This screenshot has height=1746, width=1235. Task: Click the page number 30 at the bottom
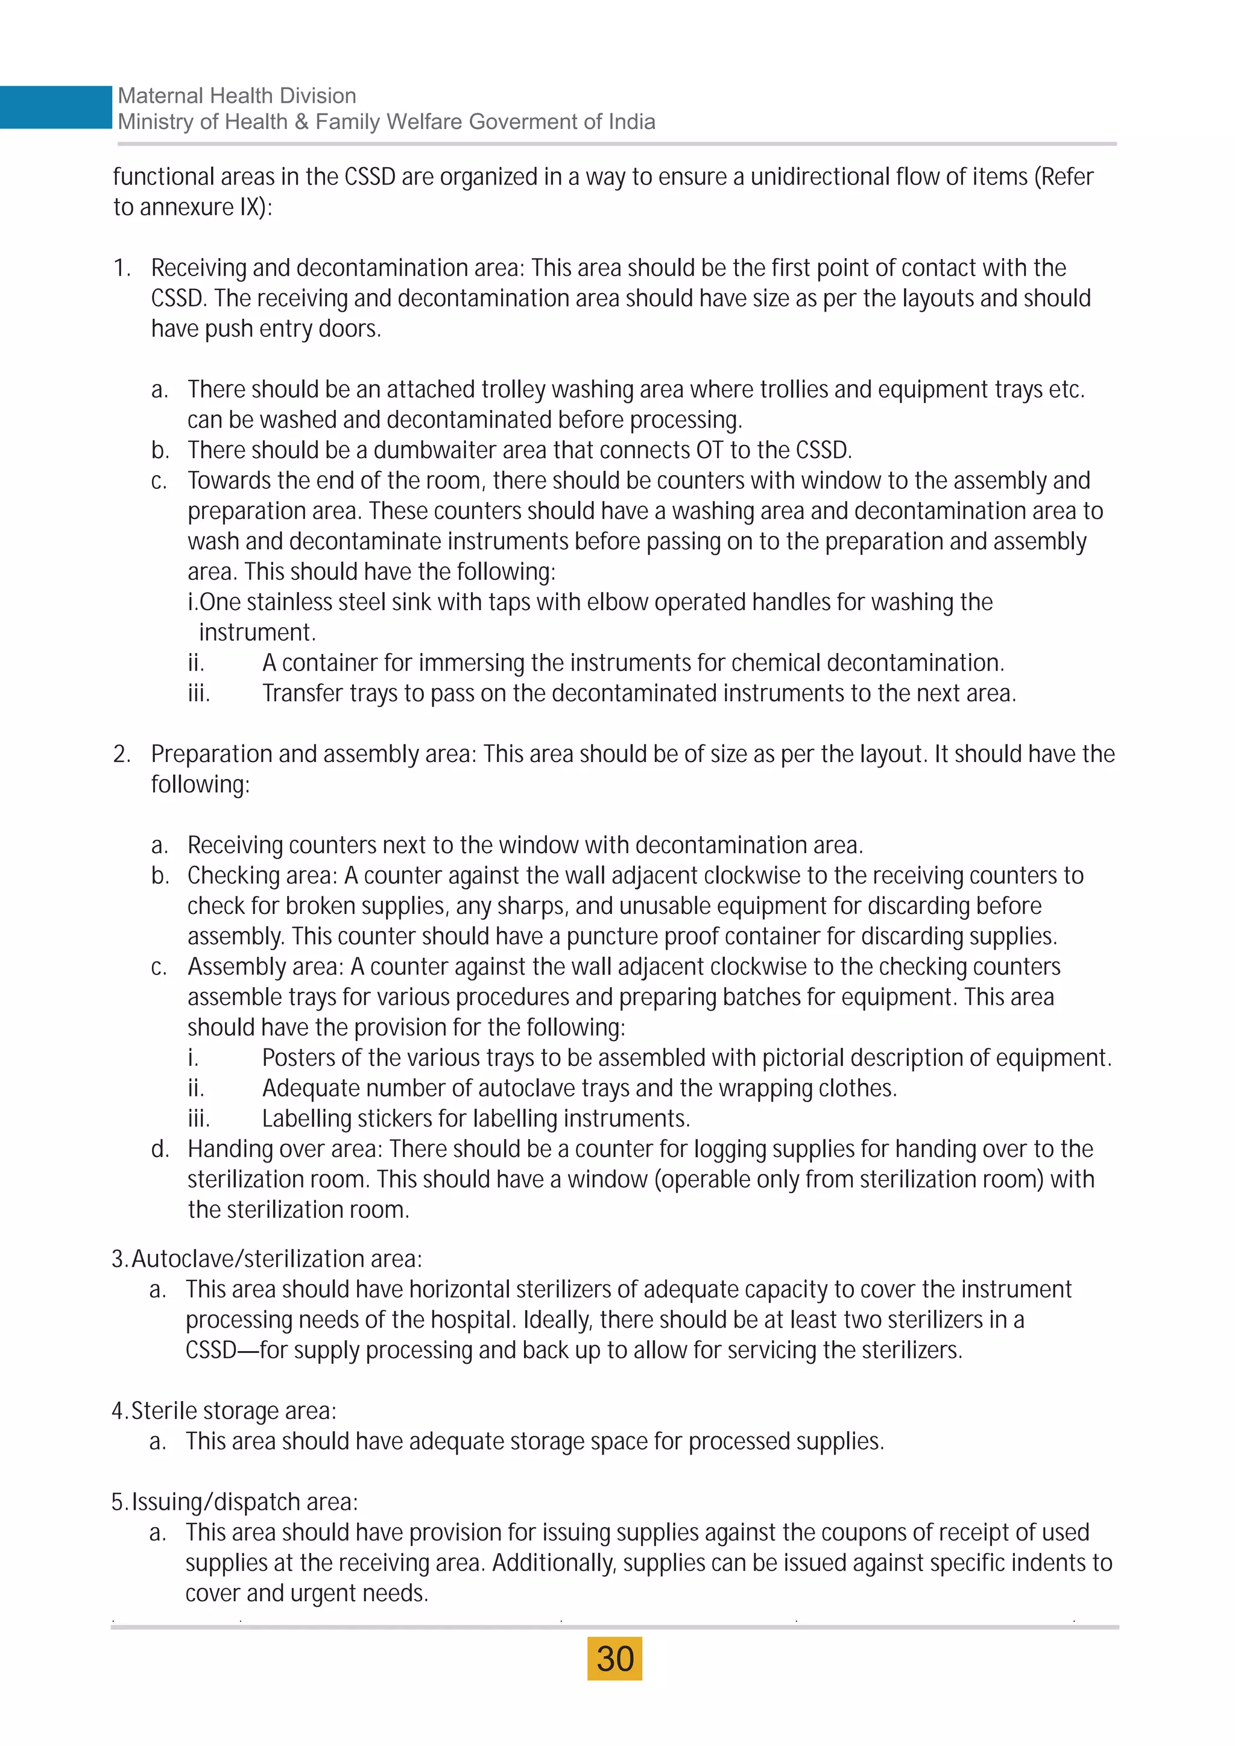pyautogui.click(x=614, y=1659)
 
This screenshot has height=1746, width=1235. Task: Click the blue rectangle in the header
pyautogui.click(x=55, y=107)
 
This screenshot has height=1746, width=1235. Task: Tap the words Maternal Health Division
pyautogui.click(x=236, y=96)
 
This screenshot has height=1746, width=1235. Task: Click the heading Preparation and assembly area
pyautogui.click(x=314, y=754)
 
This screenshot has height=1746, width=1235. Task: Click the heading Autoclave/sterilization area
pyautogui.click(x=276, y=1259)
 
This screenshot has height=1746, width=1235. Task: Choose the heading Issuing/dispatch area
pyautogui.click(x=244, y=1502)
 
